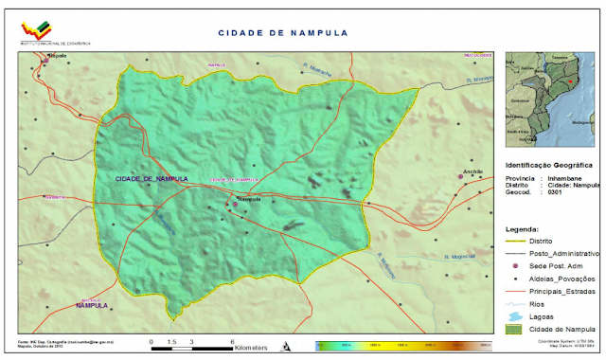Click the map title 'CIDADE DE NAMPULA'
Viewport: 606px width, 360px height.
283,32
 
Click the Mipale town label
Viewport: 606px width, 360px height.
59,57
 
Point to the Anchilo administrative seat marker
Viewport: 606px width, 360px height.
461,176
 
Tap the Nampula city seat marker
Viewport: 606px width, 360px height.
236,204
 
